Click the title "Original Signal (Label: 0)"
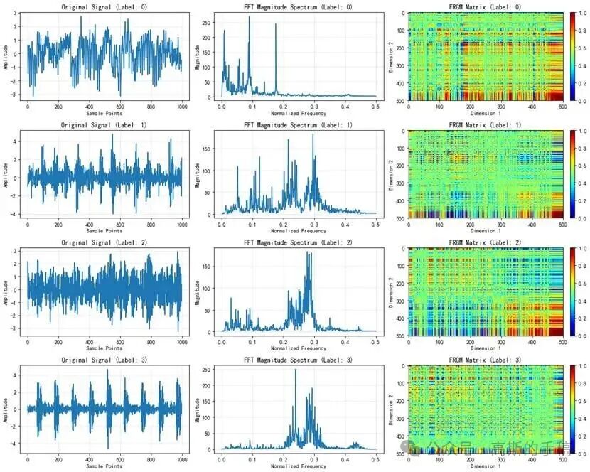tap(104, 6)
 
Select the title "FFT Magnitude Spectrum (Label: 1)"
tap(299, 125)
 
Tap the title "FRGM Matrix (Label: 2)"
tap(486, 243)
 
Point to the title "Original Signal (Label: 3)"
tap(104, 361)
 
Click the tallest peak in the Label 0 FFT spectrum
tap(250, 18)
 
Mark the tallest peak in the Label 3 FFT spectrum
tap(295, 370)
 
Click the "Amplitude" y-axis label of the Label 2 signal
tap(6, 291)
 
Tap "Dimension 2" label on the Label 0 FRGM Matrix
tap(392, 56)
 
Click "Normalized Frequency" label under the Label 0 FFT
tap(299, 113)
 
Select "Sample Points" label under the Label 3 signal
tap(104, 467)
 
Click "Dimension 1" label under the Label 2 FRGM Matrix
tap(486, 349)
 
